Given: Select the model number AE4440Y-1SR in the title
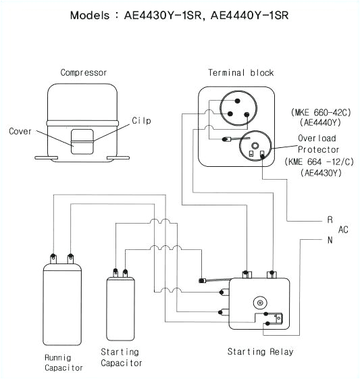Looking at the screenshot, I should coord(249,14).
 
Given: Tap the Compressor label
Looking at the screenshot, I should coord(83,72).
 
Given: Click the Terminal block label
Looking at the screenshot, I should coord(231,72).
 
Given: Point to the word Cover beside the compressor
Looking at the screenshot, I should coord(20,132).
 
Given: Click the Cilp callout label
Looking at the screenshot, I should coord(140,120).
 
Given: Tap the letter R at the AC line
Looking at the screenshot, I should coord(330,220).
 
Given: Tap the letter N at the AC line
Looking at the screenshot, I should coord(330,240).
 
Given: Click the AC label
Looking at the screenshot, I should coord(343,230).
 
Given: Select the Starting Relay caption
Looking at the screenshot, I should coord(260,352).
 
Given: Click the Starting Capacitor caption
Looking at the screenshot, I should coord(121,357).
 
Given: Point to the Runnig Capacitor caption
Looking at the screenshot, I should coord(64,363).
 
